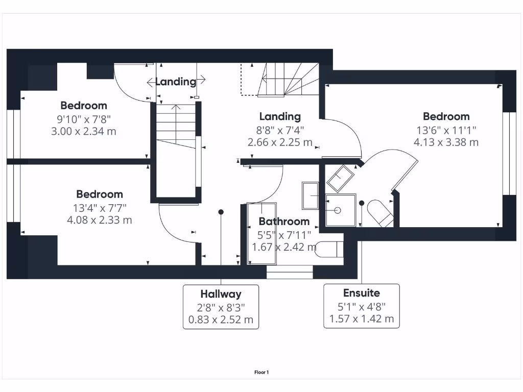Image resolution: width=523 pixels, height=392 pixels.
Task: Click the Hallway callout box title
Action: pyautogui.click(x=221, y=294)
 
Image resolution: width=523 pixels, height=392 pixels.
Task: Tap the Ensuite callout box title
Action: pyautogui.click(x=361, y=293)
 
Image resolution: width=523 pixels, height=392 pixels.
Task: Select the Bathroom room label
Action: pyautogui.click(x=284, y=222)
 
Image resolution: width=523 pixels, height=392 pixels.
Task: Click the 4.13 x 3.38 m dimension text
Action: pyautogui.click(x=446, y=142)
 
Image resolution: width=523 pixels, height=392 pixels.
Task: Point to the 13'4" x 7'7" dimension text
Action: pyautogui.click(x=100, y=208)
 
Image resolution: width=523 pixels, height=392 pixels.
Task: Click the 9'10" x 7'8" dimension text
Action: pyautogui.click(x=84, y=119)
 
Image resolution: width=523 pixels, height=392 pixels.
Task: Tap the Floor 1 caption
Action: pyautogui.click(x=261, y=373)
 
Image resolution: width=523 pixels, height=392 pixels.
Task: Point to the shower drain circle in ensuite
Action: pyautogui.click(x=338, y=210)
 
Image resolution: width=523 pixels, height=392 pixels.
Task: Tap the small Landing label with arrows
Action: pyautogui.click(x=176, y=81)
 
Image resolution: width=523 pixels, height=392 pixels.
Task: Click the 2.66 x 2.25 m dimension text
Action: pyautogui.click(x=280, y=142)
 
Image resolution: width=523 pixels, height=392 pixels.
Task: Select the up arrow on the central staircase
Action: pyautogui.click(x=176, y=108)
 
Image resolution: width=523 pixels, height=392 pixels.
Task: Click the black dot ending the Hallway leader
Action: pyautogui.click(x=221, y=211)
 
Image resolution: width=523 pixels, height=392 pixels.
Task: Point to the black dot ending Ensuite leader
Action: pyautogui.click(x=361, y=203)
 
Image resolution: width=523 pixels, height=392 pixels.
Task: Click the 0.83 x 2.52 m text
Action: pyautogui.click(x=221, y=321)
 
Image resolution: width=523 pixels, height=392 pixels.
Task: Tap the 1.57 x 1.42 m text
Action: pyautogui.click(x=361, y=320)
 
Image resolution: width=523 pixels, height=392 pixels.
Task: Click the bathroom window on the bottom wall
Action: pyautogui.click(x=290, y=275)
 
